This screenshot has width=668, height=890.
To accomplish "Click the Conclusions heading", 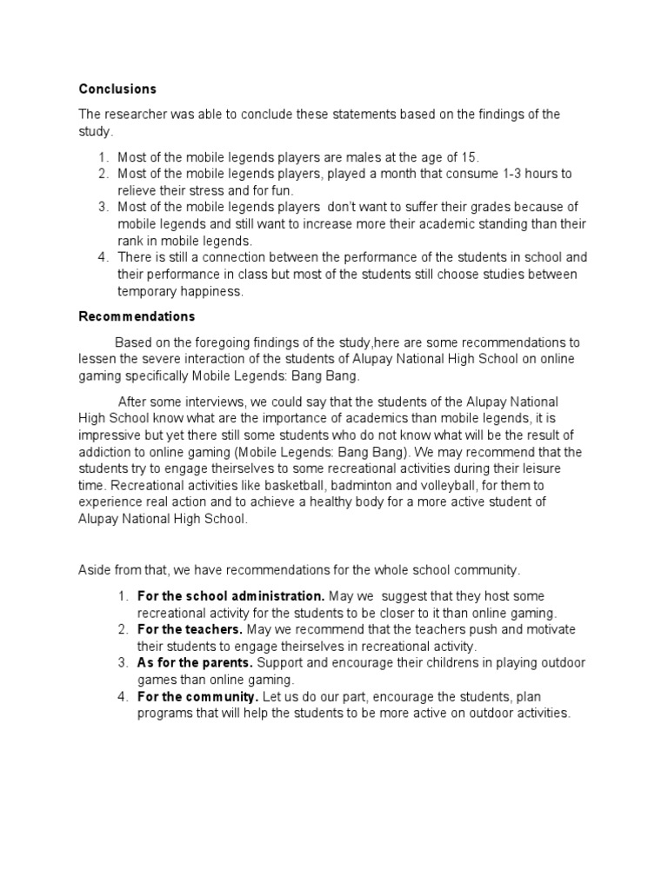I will (117, 90).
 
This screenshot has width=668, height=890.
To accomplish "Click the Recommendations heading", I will (137, 316).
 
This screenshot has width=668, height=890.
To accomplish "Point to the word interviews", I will (215, 402).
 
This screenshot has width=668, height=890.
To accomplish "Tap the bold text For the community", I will (197, 697).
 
